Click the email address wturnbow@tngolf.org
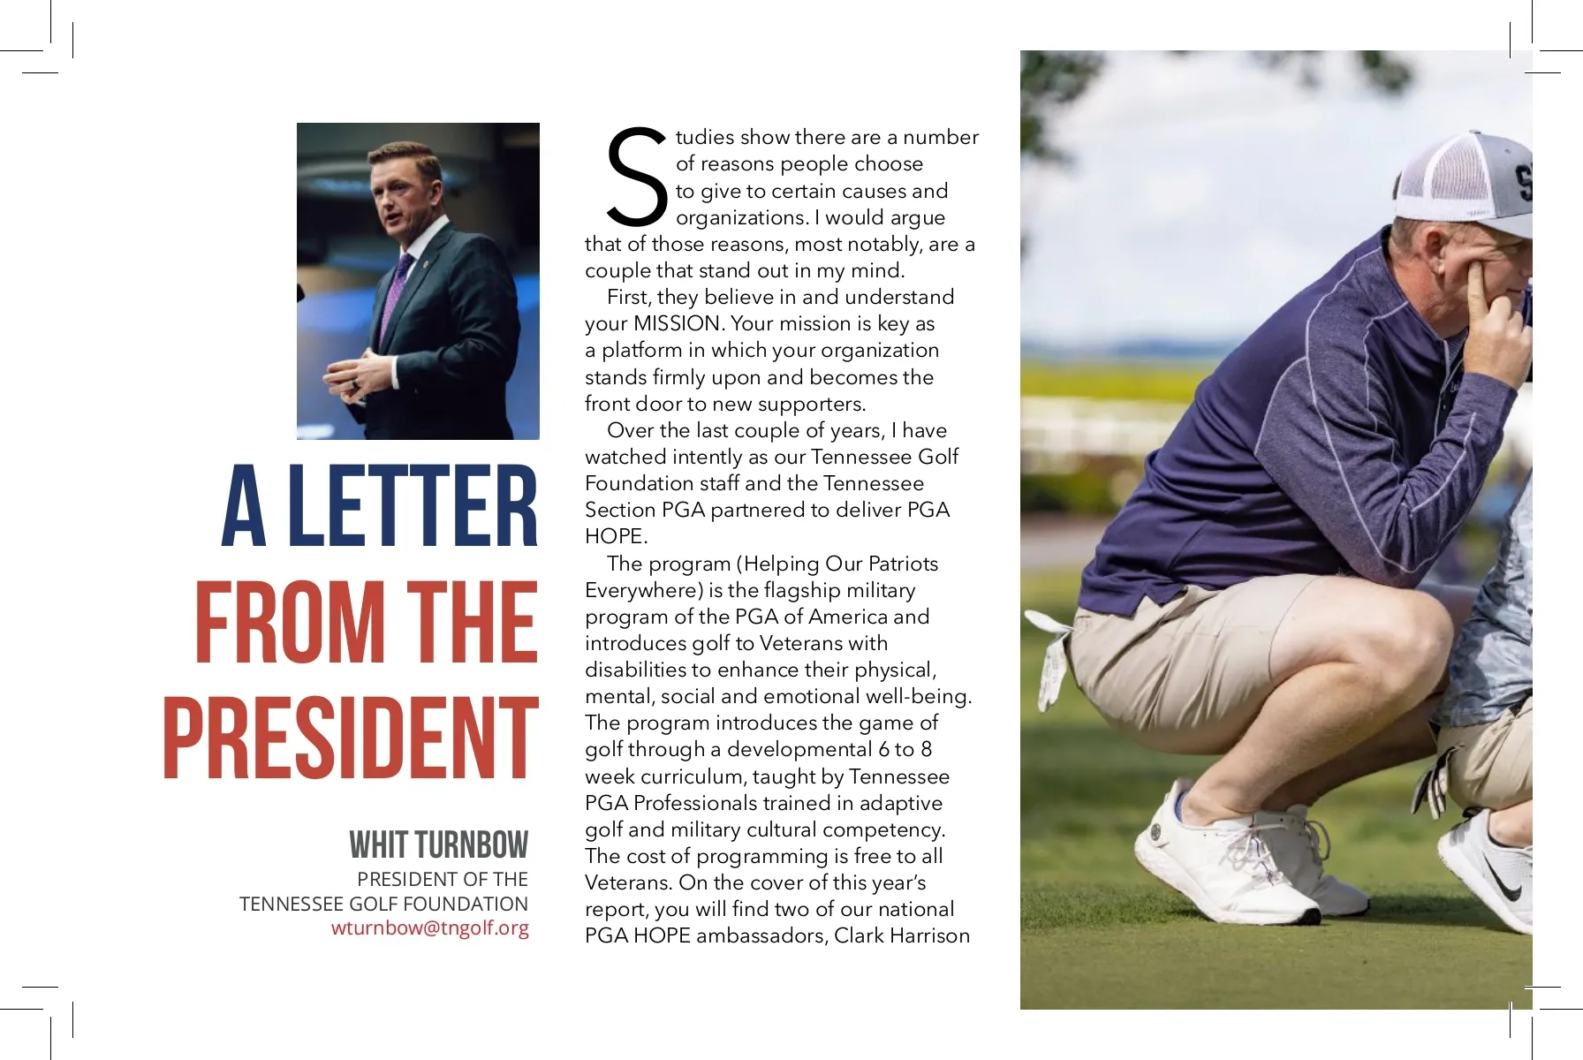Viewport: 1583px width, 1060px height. [x=430, y=928]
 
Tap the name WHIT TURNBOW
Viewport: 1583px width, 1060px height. [x=438, y=845]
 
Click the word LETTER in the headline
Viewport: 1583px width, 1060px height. [x=413, y=507]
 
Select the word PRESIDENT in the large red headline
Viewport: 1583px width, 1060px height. [x=350, y=738]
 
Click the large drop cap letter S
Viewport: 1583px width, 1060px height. [x=635, y=176]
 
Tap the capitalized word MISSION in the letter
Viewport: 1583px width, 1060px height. [x=678, y=323]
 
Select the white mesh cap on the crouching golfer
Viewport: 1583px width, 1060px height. [x=1466, y=185]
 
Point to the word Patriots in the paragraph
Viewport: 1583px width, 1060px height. [x=903, y=564]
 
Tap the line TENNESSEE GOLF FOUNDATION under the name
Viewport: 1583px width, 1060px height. [x=383, y=904]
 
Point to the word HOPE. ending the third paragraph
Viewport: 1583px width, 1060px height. [x=616, y=536]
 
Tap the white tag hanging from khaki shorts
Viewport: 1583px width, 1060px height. [x=1056, y=658]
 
